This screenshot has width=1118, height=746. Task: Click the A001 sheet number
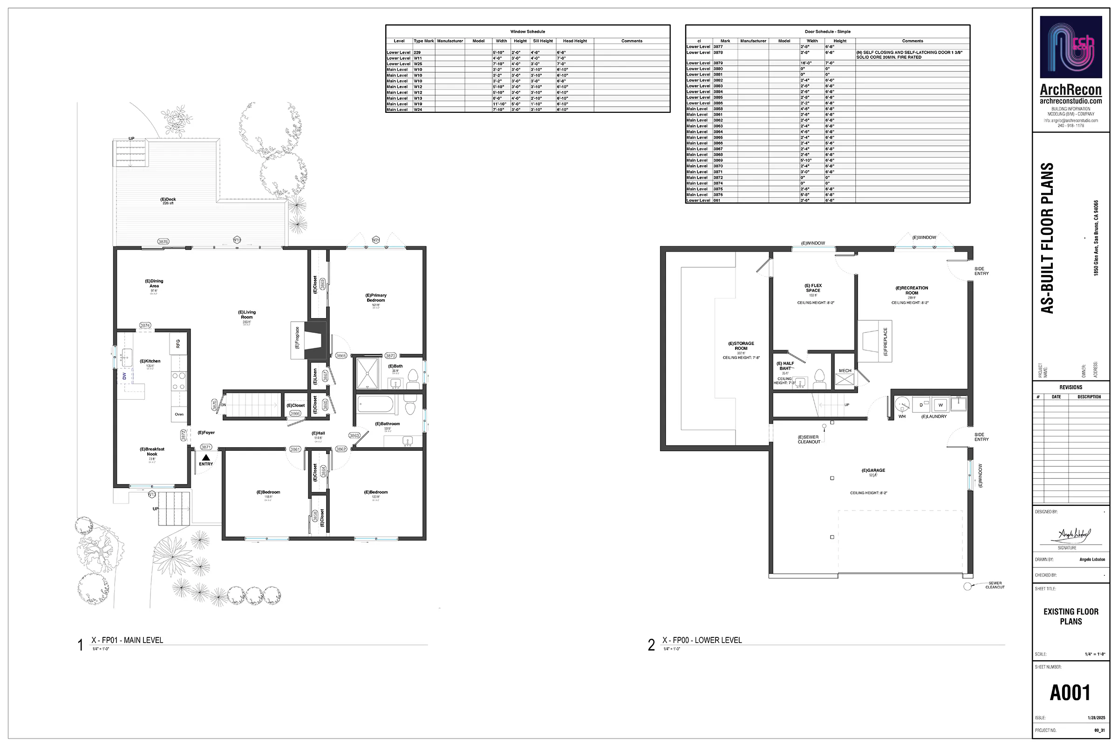[1070, 693]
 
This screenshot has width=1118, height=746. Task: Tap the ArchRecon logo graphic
[1070, 47]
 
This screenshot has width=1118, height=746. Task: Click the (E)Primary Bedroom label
[375, 298]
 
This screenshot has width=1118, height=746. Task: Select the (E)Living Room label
[247, 314]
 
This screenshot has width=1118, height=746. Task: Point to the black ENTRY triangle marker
[206, 457]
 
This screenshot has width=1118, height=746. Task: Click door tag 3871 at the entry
[206, 447]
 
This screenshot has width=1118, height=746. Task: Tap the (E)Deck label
[168, 200]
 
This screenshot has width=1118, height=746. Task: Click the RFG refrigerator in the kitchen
[178, 343]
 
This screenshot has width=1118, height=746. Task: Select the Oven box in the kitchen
[179, 414]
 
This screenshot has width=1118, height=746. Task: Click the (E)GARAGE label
[873, 470]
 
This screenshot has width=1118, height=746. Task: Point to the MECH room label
[845, 371]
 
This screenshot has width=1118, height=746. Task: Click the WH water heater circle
[902, 405]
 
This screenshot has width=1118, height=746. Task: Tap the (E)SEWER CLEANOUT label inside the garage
[809, 439]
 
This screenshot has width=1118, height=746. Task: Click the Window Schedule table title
[528, 31]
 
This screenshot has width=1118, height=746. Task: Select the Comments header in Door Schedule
[912, 41]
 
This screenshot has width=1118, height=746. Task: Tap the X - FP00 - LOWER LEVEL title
[702, 640]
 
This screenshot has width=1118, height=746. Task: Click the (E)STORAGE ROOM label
[741, 346]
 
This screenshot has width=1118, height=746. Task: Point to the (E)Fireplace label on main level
[298, 338]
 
